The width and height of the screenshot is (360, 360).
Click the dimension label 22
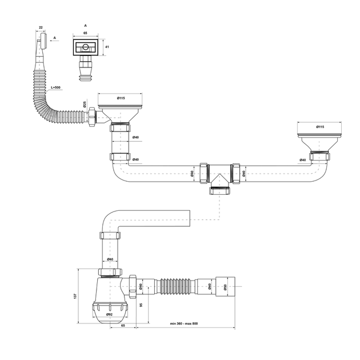pyautogui.click(x=41, y=27)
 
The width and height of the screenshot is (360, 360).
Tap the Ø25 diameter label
pyautogui.click(x=84, y=105)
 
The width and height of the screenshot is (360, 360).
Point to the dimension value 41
pyautogui.click(x=107, y=47)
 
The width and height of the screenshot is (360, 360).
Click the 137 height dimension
pyautogui.click(x=75, y=296)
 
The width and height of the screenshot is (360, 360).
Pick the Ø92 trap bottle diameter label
pyautogui.click(x=109, y=314)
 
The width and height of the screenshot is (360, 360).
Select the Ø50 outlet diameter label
pyautogui.click(x=225, y=287)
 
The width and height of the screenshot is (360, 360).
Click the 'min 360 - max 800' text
pyautogui.click(x=183, y=323)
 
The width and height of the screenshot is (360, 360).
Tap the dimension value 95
pyautogui.click(x=141, y=305)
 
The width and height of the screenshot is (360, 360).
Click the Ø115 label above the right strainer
pyautogui.click(x=320, y=126)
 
